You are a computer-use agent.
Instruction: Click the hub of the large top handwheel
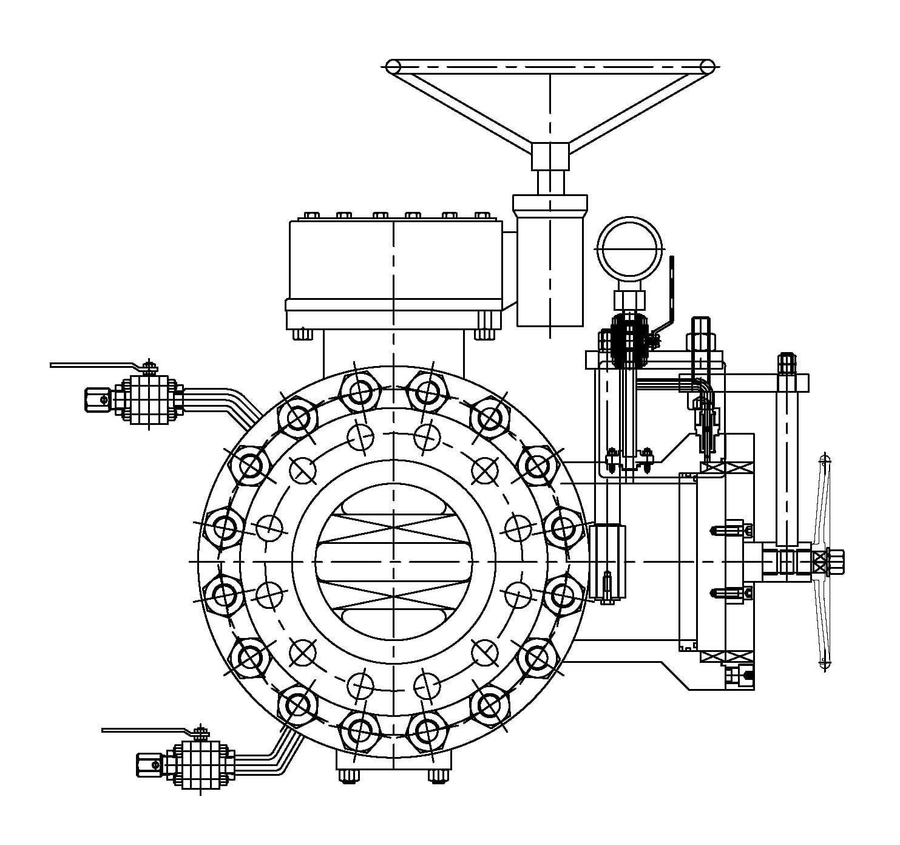click(550, 155)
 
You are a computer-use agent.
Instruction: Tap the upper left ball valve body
click(148, 398)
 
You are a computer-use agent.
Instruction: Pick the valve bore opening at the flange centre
click(394, 562)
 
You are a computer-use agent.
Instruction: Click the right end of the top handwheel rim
click(707, 66)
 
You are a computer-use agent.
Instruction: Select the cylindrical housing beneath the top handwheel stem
click(550, 267)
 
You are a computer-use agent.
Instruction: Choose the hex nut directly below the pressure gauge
click(629, 299)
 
